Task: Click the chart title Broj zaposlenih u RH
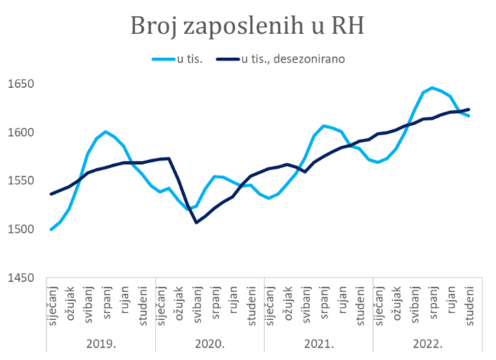tap(248, 27)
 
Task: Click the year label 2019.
tap(100, 344)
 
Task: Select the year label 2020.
tap(209, 344)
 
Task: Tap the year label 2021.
tap(318, 344)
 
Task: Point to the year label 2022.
tap(427, 344)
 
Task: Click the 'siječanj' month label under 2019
tap(51, 304)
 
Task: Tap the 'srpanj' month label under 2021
tap(325, 304)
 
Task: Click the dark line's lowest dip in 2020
tap(197, 222)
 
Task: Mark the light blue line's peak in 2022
tap(433, 88)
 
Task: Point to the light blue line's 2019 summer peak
tap(105, 131)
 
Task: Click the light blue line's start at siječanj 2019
tap(51, 229)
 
